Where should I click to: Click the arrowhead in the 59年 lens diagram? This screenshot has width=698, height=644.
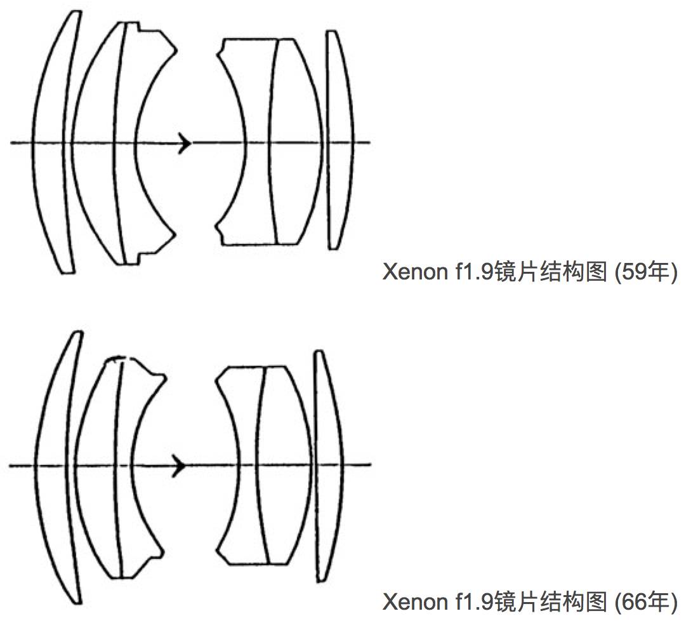pos(185,143)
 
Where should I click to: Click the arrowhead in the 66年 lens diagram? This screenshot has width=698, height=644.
pos(180,466)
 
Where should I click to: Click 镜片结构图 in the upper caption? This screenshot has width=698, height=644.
pos(550,272)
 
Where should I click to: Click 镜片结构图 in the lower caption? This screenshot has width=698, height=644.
pos(550,601)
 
